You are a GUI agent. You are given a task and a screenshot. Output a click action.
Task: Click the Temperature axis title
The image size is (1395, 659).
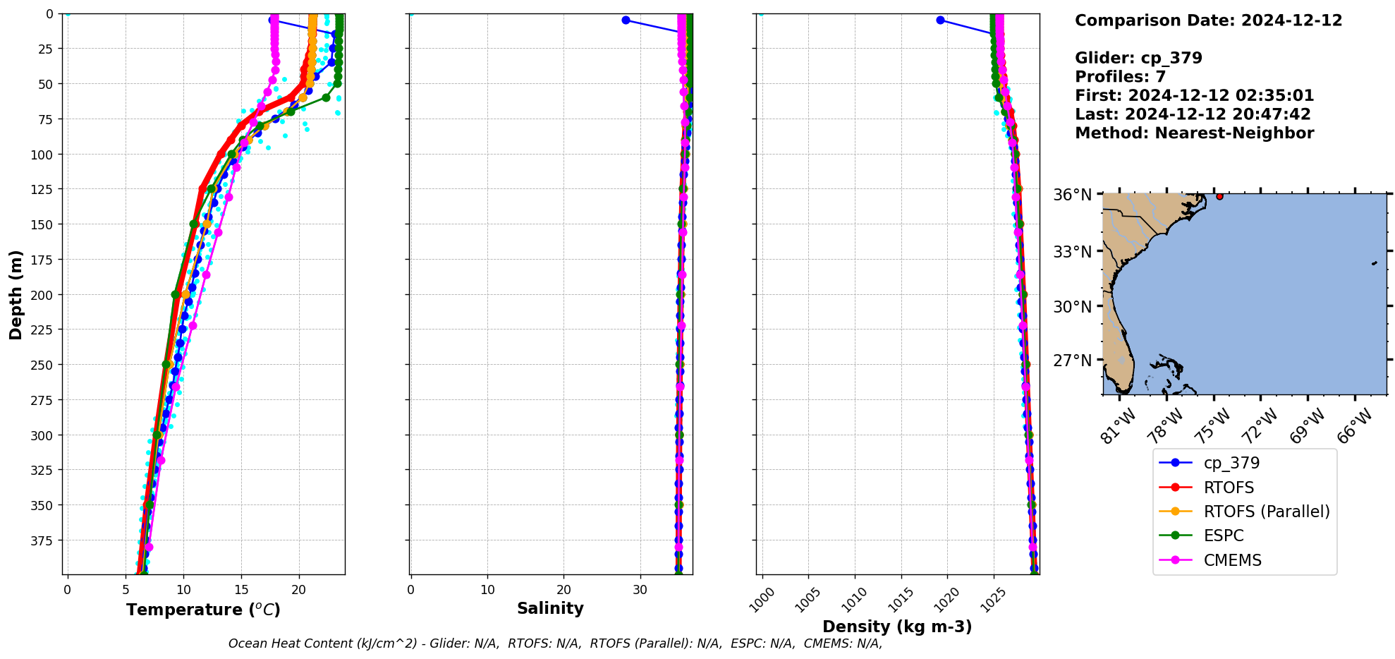pyautogui.click(x=203, y=610)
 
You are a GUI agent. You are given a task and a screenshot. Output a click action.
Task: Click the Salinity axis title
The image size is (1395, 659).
pyautogui.click(x=550, y=608)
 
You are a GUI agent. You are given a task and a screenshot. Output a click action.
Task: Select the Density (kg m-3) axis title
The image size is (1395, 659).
pyautogui.click(x=897, y=627)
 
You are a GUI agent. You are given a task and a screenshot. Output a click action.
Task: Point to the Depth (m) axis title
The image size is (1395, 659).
pyautogui.click(x=16, y=294)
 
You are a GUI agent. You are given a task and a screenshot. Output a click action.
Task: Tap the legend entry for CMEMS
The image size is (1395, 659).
pyautogui.click(x=1232, y=560)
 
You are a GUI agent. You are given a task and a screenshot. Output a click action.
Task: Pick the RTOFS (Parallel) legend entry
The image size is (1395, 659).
pyautogui.click(x=1266, y=512)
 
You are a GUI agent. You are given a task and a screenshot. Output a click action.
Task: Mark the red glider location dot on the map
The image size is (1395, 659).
pyautogui.click(x=1219, y=196)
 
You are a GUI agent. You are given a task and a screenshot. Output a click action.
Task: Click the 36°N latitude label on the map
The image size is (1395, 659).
pyautogui.click(x=1072, y=195)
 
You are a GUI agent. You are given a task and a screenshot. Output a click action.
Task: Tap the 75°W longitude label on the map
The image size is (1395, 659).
pyautogui.click(x=1212, y=426)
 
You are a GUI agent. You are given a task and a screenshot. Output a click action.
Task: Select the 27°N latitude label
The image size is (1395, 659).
pyautogui.click(x=1072, y=361)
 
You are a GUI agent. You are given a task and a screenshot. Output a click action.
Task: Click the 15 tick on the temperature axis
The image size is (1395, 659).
pyautogui.click(x=241, y=589)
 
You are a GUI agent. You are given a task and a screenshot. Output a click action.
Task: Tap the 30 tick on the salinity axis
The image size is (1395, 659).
pyautogui.click(x=640, y=589)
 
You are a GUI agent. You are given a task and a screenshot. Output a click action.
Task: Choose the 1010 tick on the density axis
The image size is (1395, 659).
pyautogui.click(x=854, y=600)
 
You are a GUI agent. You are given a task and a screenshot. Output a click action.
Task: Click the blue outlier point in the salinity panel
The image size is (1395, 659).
pyautogui.click(x=626, y=20)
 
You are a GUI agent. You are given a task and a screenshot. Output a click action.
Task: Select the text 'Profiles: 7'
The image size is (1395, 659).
pyautogui.click(x=1120, y=77)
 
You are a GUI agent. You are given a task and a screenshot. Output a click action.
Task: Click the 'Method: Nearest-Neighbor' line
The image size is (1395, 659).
pyautogui.click(x=1194, y=133)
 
